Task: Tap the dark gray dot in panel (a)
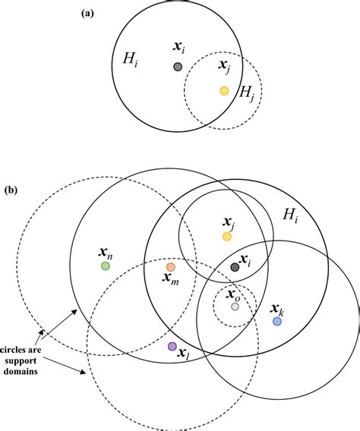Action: tap(177, 67)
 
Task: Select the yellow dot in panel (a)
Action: tap(224, 91)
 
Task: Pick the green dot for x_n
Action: tap(106, 266)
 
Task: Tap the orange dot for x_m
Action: tap(170, 267)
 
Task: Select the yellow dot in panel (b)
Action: tap(226, 237)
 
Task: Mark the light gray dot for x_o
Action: tap(235, 306)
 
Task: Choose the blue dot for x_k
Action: tap(277, 321)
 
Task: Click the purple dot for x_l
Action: tap(172, 347)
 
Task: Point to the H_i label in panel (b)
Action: tap(292, 216)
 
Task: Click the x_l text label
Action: tap(183, 354)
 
